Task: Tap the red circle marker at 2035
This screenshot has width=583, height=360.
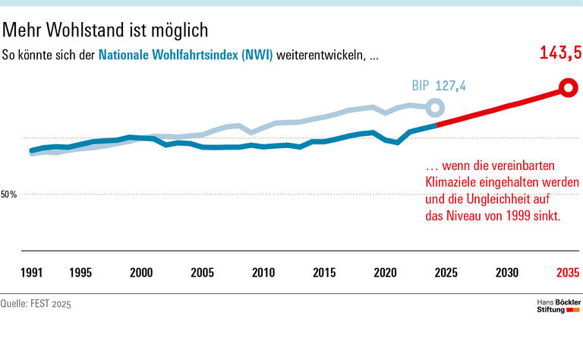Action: pos(567,88)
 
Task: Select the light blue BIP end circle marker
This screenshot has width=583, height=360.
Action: pos(434,108)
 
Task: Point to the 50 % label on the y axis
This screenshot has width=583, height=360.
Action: pos(9,194)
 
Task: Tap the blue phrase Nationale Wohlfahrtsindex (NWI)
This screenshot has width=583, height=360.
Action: pos(186,55)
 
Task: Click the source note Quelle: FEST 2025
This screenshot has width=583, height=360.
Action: pos(40,304)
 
